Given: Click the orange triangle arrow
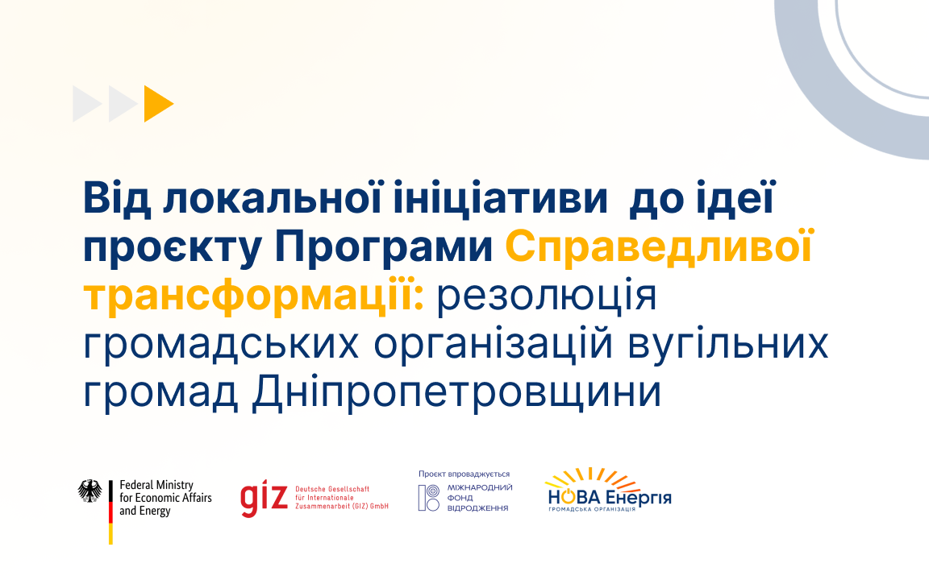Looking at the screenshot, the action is point(157,104).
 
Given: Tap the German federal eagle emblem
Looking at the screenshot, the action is point(90,491).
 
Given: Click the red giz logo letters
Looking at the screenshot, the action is point(265,499).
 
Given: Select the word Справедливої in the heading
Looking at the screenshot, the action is point(659,247).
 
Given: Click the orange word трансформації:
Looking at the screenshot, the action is point(253,295).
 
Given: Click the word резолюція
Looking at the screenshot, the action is point(547,296).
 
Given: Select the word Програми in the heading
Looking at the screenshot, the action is point(383,247).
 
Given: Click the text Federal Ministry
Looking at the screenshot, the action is point(156,485).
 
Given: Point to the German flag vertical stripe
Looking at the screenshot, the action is point(110,512).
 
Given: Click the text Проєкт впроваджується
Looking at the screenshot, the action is point(464,474).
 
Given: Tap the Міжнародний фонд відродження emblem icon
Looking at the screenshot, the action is point(429,498).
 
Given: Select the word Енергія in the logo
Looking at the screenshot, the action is point(639,498).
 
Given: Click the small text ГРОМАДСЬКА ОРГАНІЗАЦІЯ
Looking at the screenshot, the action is point(592,509).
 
